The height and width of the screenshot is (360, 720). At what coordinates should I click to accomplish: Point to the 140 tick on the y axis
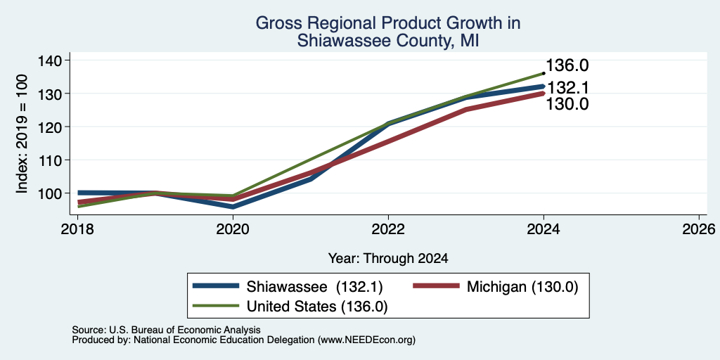pos(56,60)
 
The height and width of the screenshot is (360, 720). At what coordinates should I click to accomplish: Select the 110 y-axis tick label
pos(56,160)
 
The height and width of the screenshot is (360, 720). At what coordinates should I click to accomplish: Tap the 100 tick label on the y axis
pos(56,193)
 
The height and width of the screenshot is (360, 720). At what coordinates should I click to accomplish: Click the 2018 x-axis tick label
pos(78,229)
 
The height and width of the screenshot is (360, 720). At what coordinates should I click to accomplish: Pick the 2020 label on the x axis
pos(233,229)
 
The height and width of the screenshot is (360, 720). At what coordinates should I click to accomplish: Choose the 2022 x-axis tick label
pos(388,229)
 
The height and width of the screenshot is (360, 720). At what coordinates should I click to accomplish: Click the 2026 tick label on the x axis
pos(699,229)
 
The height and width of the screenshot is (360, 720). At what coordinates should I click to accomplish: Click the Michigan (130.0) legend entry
pos(496,287)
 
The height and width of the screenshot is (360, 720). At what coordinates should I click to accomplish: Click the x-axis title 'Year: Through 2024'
pos(388,259)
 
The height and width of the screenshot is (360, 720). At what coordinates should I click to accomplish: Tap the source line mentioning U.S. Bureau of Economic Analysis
pos(167,330)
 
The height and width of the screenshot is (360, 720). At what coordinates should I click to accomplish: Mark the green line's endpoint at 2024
pos(544,73)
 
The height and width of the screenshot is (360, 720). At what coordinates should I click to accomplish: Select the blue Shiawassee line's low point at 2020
pos(233,207)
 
